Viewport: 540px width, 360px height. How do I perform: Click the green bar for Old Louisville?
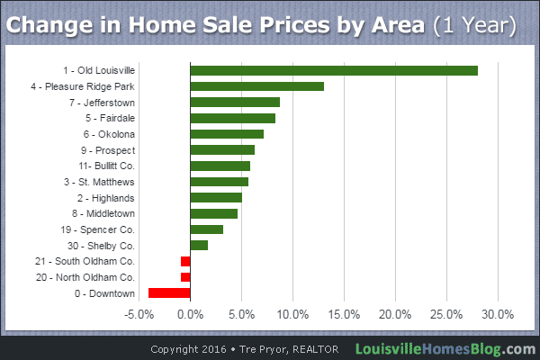coord(333,71)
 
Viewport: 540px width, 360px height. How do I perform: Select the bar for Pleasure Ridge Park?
coord(256,86)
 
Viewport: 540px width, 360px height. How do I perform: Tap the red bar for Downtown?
coord(169,292)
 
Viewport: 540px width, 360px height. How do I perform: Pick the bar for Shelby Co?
coord(199,245)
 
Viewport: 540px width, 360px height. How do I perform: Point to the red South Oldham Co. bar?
coord(185,261)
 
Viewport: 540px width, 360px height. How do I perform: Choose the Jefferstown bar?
coord(235,103)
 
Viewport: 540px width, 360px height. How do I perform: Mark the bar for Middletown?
coord(214,213)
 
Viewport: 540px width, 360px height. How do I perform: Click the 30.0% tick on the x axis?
coord(498,315)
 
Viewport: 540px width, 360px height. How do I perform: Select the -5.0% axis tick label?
coord(139,315)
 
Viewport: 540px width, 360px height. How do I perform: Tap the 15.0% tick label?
coord(344,315)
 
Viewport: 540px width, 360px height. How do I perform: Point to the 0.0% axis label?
coord(190,315)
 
